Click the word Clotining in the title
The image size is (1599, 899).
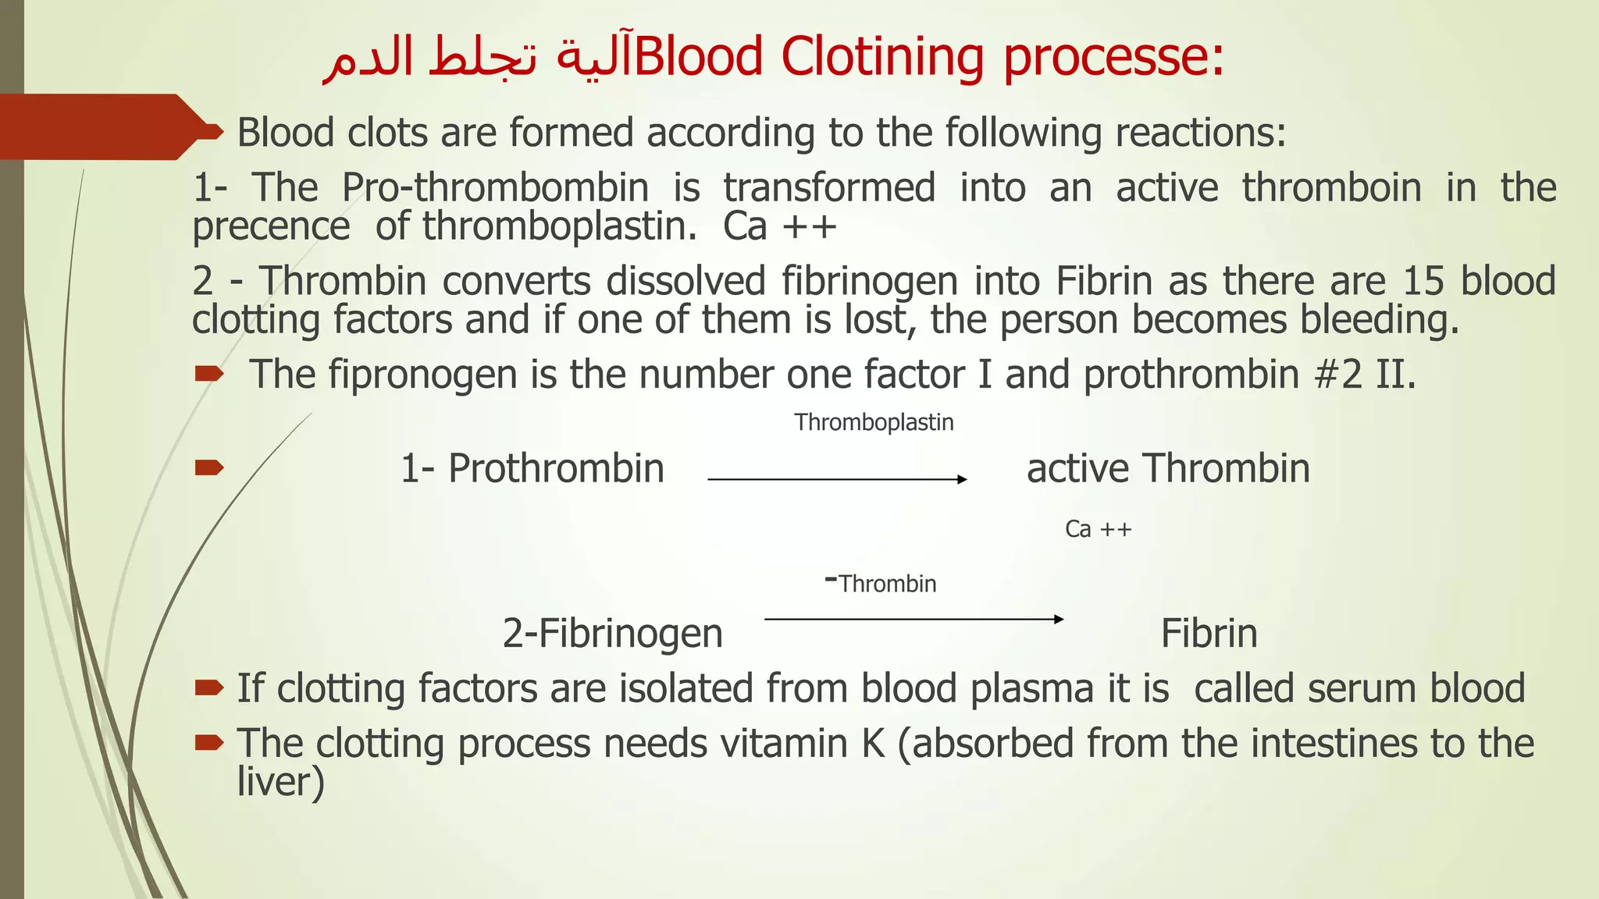pyautogui.click(x=881, y=56)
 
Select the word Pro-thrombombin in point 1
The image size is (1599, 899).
pyautogui.click(x=495, y=187)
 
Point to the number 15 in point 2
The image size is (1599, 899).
pyautogui.click(x=1424, y=281)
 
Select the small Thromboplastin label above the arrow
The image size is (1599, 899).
pyautogui.click(x=874, y=422)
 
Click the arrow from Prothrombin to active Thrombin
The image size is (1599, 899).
pyautogui.click(x=836, y=479)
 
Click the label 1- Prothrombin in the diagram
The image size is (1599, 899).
pyautogui.click(x=532, y=468)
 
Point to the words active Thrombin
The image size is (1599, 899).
pyautogui.click(x=1168, y=468)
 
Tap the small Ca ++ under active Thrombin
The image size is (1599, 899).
pyautogui.click(x=1098, y=529)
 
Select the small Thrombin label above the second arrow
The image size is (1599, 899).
pyautogui.click(x=887, y=584)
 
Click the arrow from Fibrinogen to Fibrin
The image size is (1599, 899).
pyautogui.click(x=913, y=619)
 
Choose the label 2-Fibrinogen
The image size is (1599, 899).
pyautogui.click(x=612, y=633)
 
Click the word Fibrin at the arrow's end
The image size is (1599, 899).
pyautogui.click(x=1209, y=633)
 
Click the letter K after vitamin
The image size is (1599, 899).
pyautogui.click(x=873, y=743)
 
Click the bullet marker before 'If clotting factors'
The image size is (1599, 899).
pyautogui.click(x=209, y=688)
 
